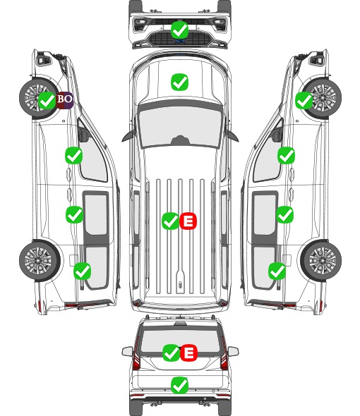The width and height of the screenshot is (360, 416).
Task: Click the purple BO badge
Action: click(64, 100)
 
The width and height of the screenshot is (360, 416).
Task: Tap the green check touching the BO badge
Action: click(47, 101)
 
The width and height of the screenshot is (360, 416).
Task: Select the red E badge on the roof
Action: click(188, 221)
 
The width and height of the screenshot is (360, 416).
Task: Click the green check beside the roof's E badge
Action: click(171, 221)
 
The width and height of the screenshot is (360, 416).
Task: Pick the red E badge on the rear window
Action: click(188, 353)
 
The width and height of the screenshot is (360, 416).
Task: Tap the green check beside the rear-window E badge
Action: click(172, 353)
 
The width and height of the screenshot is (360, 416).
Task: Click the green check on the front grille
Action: click(180, 30)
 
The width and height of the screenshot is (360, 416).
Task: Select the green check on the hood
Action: click(180, 82)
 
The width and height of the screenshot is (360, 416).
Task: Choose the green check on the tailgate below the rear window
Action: click(180, 385)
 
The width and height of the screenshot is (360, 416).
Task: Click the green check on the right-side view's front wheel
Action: click(304, 101)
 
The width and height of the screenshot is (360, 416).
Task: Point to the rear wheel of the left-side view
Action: click(40, 261)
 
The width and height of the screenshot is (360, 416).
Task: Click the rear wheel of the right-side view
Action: click(321, 261)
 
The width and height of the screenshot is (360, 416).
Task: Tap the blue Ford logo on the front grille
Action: click(180, 41)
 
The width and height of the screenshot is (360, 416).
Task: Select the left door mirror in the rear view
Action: click(128, 351)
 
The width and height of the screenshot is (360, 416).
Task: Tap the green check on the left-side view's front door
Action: click(74, 155)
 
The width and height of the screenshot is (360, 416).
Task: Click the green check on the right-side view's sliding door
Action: click(285, 214)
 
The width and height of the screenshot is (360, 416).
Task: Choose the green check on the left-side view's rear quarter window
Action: click(83, 271)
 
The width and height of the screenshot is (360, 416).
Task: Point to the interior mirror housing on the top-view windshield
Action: click(180, 140)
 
